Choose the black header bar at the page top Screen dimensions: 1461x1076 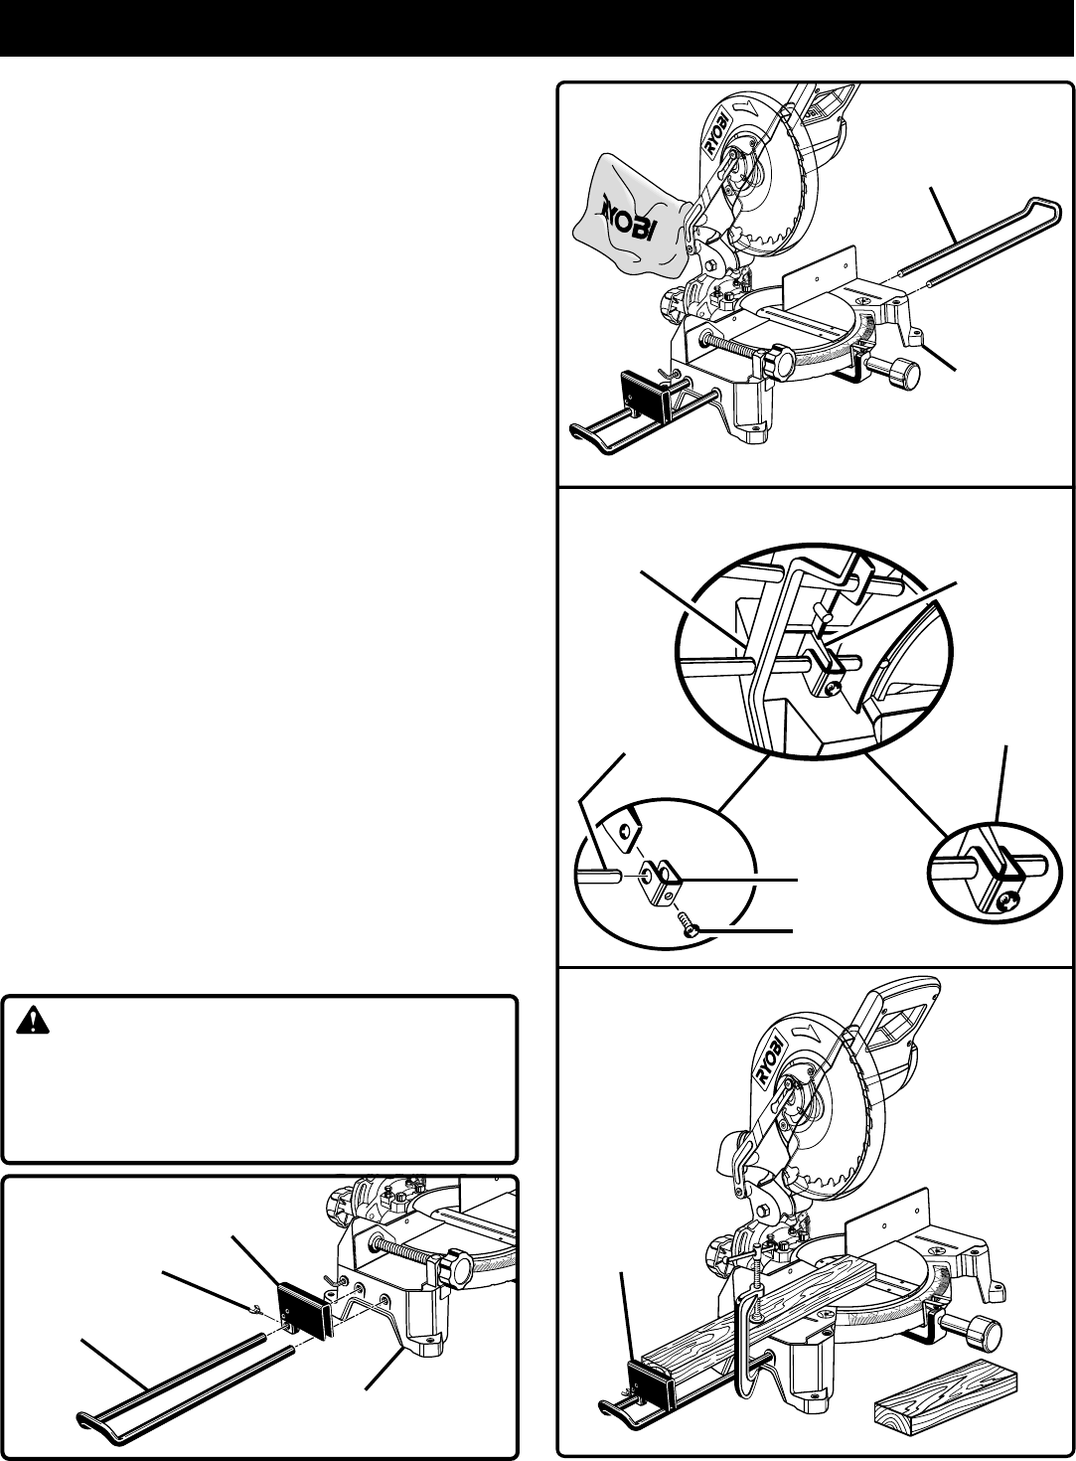[x=538, y=28]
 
